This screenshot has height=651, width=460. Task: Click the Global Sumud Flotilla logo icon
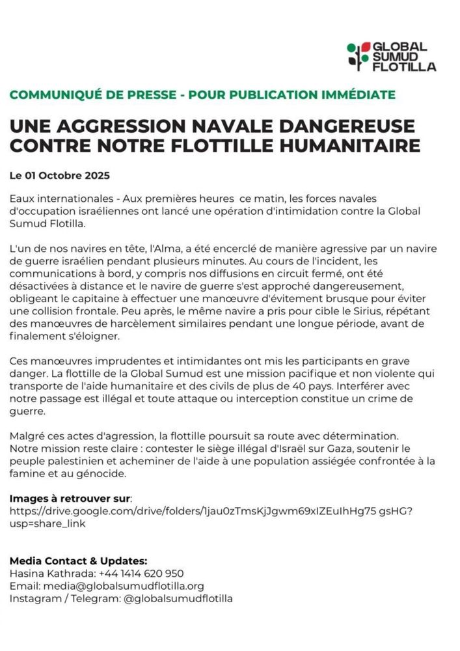point(358,56)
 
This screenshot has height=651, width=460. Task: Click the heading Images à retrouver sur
point(70,498)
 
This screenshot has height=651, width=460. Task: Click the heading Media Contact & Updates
point(78,561)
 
